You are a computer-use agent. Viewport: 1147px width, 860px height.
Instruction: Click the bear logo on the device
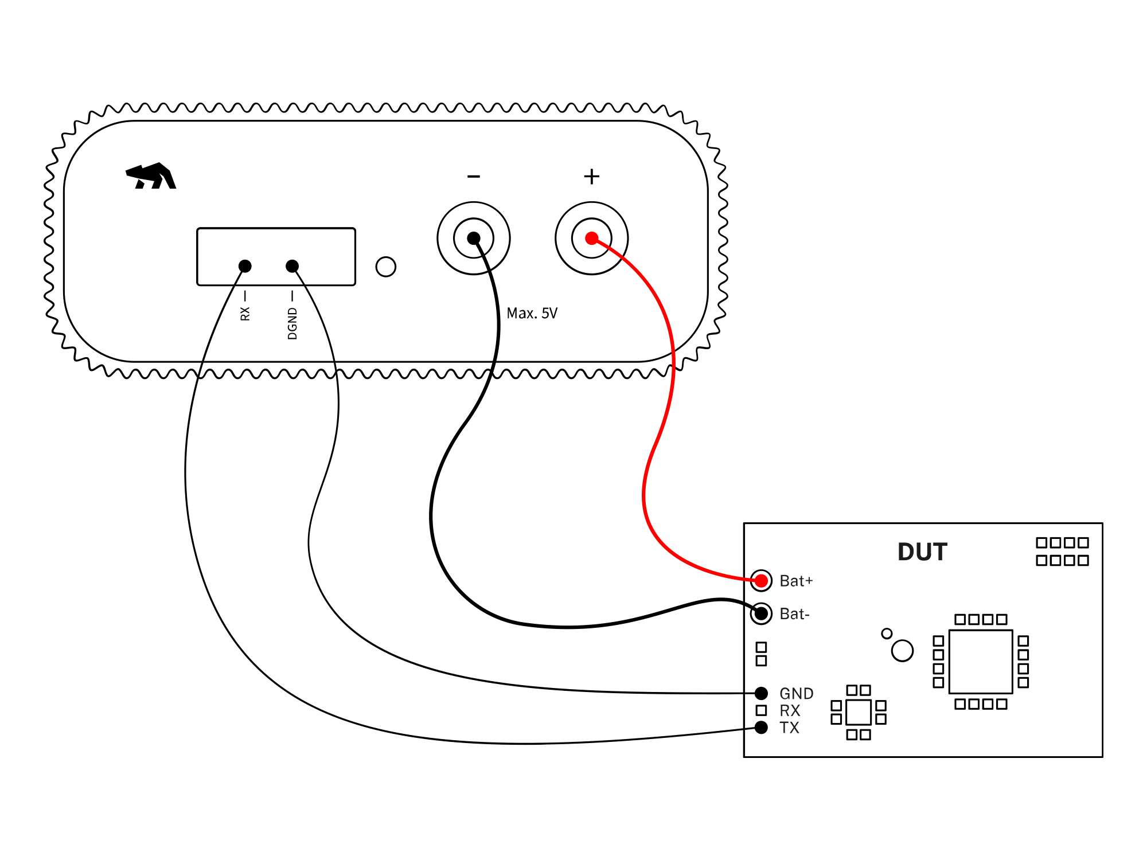point(151,176)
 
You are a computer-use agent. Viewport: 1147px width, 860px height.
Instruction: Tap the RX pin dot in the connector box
point(245,266)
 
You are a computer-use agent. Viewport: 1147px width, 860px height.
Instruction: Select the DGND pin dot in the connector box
point(292,266)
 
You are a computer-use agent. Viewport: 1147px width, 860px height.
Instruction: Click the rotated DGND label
point(292,323)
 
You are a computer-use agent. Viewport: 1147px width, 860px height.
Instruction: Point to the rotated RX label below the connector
point(245,313)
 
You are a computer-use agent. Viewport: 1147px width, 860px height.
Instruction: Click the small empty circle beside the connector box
point(385,267)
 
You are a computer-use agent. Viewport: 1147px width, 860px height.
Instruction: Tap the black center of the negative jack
point(474,238)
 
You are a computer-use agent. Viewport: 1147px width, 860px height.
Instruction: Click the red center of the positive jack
point(592,238)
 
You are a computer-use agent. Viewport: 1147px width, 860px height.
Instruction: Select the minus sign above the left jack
point(474,177)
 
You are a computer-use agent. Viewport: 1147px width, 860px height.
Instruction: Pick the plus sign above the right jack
point(592,177)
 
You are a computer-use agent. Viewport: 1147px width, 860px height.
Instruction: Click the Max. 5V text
point(532,314)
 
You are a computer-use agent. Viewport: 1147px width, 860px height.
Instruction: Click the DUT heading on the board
point(922,552)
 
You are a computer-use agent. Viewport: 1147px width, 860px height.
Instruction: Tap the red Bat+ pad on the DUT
point(761,581)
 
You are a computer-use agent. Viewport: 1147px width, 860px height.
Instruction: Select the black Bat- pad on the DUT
point(761,613)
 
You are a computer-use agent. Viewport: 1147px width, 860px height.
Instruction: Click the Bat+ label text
point(796,581)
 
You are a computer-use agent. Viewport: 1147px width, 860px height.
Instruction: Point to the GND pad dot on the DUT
point(761,693)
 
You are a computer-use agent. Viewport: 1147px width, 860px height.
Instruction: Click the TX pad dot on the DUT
point(761,728)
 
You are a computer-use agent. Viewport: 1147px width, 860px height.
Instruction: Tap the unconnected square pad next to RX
point(761,710)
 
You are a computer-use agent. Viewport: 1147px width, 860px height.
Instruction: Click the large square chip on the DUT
point(981,662)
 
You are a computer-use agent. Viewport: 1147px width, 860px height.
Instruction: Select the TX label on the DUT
point(789,728)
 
